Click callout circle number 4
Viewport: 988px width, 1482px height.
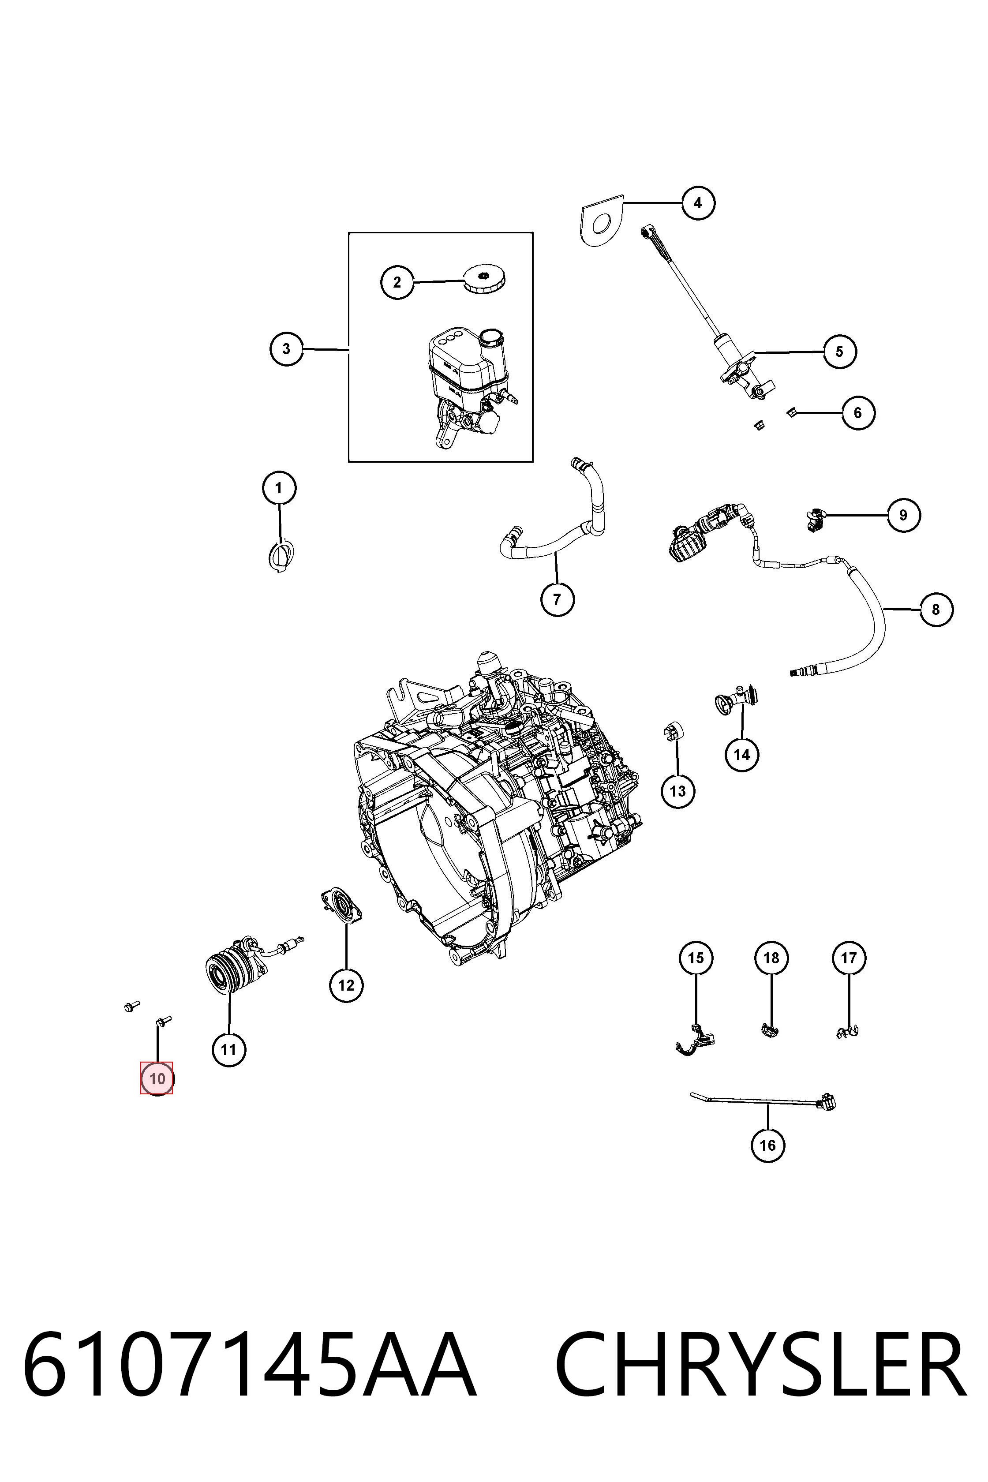[x=697, y=203]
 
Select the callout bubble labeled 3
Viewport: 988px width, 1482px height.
[x=287, y=348]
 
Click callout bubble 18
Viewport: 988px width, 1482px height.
[x=771, y=958]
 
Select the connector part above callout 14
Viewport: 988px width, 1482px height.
[x=735, y=700]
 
